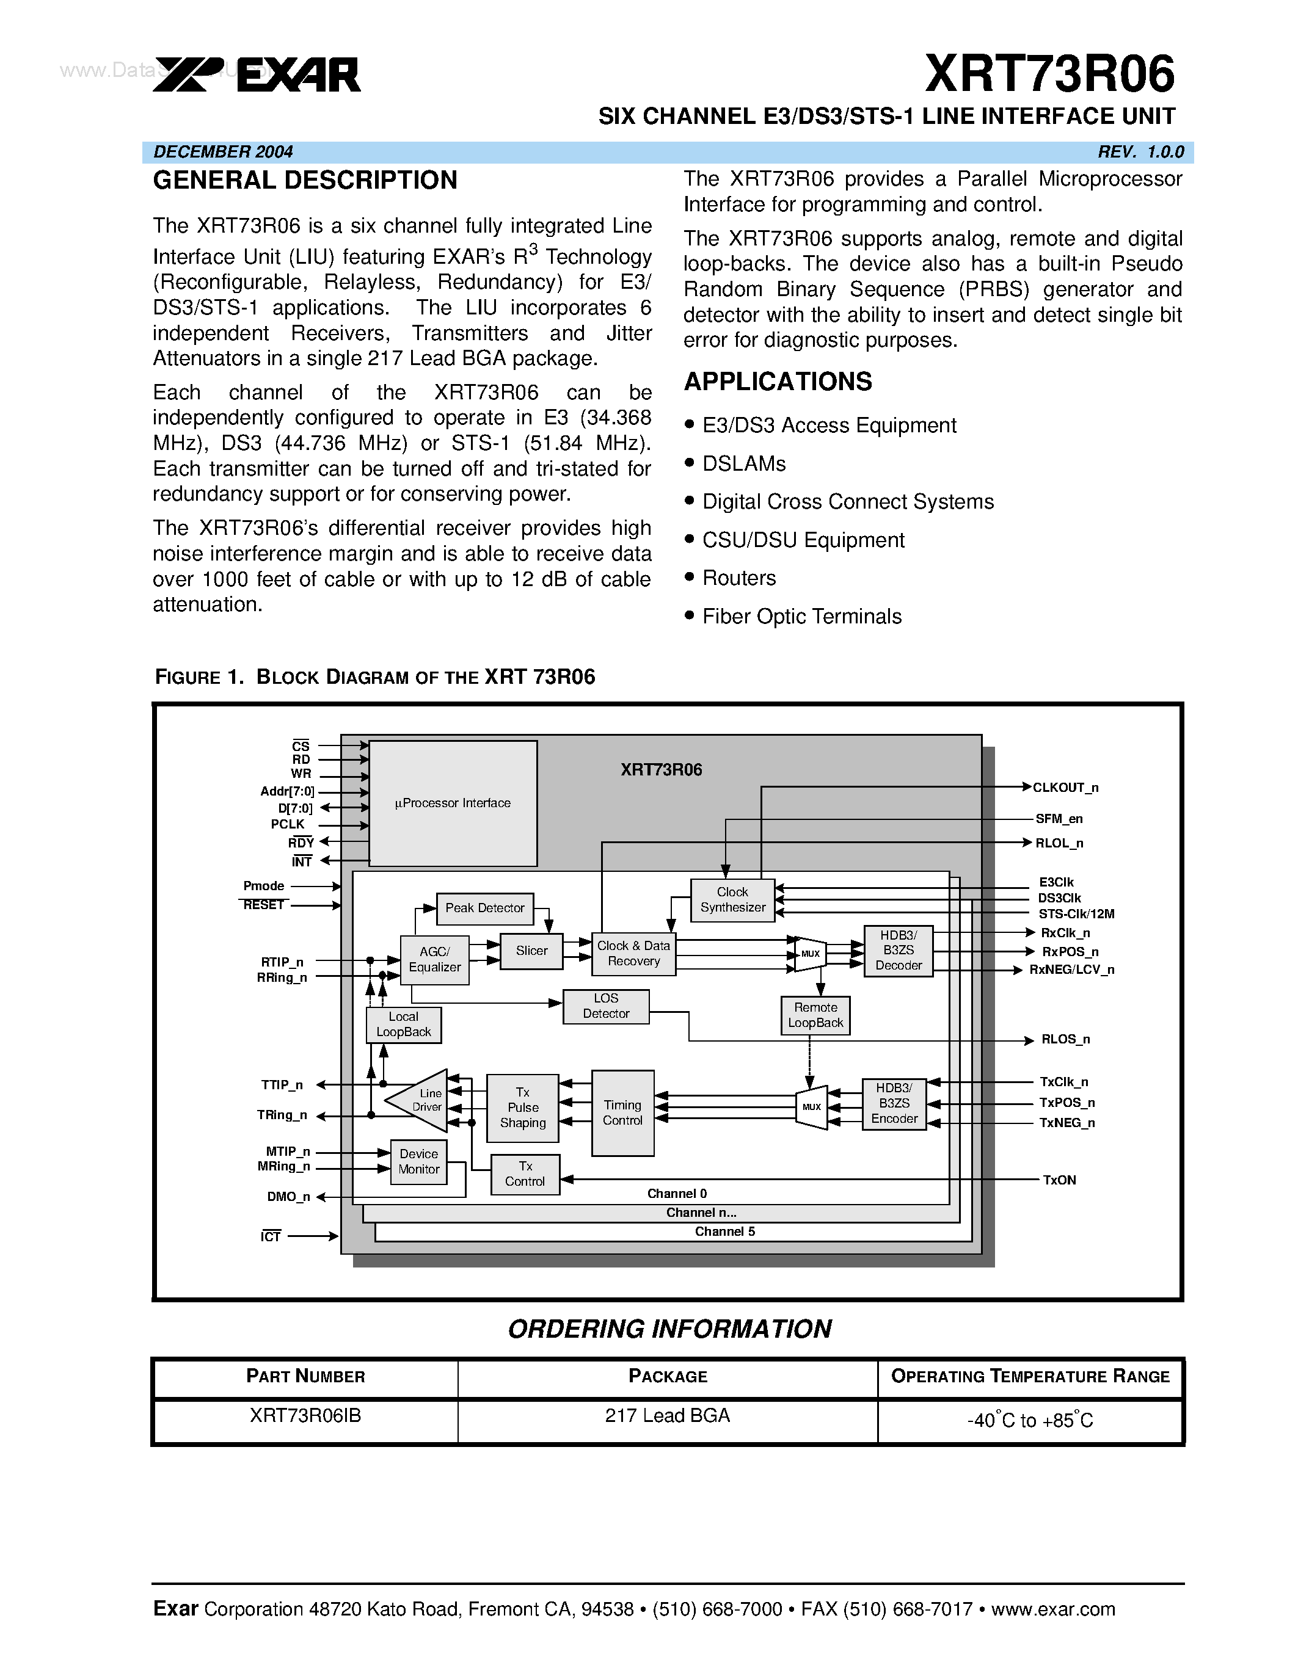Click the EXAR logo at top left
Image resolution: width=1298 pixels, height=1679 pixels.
pos(257,75)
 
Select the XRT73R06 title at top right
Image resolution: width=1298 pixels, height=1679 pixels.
pos(1049,74)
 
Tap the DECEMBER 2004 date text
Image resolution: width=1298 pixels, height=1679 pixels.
pos(223,151)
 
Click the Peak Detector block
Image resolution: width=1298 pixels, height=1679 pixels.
pos(484,908)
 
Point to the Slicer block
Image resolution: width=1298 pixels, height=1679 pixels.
pos(531,951)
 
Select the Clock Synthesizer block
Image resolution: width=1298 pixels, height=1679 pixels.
pos(732,900)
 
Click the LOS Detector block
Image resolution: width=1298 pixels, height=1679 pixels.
pos(606,1006)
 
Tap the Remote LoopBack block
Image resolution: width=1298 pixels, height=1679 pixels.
pos(815,1015)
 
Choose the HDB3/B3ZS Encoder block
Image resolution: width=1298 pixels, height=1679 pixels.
pos(894,1104)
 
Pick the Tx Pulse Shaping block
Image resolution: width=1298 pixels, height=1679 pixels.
pos(523,1108)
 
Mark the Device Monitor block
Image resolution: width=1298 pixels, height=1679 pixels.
pos(418,1162)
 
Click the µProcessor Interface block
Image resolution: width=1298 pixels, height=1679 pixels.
pos(453,803)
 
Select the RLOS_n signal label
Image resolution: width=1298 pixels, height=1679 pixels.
pos(1065,1039)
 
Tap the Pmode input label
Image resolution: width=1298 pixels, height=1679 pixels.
pos(264,887)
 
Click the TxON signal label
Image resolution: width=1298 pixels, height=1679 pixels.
pos(1059,1180)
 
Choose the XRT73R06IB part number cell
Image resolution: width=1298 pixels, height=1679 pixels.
pos(305,1416)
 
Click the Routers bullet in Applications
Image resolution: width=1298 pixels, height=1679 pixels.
pos(739,578)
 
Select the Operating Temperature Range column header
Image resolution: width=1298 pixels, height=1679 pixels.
pos(1030,1377)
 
